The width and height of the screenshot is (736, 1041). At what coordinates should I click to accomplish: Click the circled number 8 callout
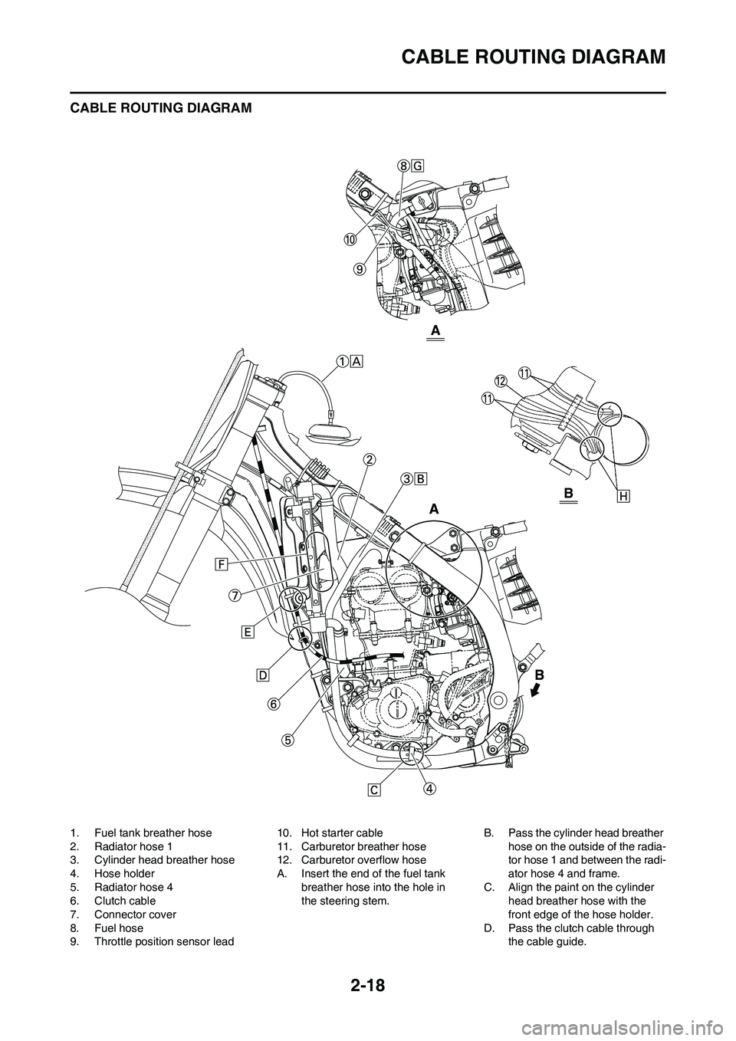point(404,166)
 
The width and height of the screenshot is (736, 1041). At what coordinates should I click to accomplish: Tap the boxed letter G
point(418,166)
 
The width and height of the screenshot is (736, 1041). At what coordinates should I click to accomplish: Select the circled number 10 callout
point(350,239)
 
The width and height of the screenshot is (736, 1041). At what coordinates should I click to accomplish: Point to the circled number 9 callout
point(358,268)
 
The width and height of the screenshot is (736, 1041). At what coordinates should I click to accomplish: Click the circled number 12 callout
point(500,381)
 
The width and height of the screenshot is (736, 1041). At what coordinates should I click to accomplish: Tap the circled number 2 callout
point(369,460)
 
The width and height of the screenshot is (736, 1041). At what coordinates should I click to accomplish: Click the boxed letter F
point(221,564)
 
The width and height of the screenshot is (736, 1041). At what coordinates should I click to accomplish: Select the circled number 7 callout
point(235,596)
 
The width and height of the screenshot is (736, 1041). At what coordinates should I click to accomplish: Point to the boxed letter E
point(248,632)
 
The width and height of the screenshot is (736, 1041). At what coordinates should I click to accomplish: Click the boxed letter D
point(262,675)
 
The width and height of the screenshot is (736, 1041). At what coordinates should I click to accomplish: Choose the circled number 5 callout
point(287,739)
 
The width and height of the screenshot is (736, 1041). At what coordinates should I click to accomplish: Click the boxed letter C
point(373,790)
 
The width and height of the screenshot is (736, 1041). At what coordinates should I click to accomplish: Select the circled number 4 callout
point(430,789)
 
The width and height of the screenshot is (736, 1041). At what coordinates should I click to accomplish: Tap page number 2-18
point(367,983)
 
